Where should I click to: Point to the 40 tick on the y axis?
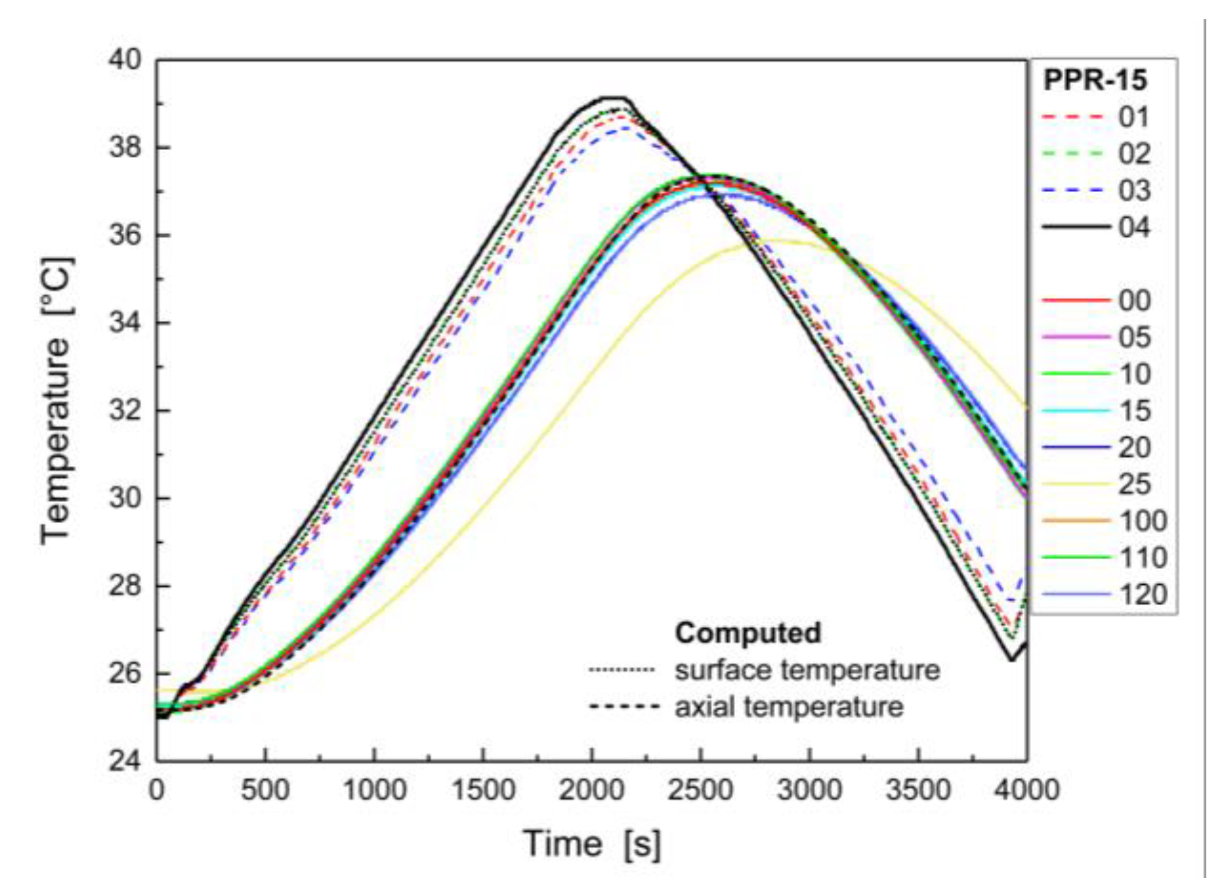[125, 60]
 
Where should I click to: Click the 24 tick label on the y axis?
[125, 760]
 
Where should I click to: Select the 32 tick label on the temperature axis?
[125, 410]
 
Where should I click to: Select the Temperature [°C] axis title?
[56, 401]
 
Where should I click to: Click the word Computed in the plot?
[748, 633]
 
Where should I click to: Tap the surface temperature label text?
[807, 670]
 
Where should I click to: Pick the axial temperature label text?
[789, 707]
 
